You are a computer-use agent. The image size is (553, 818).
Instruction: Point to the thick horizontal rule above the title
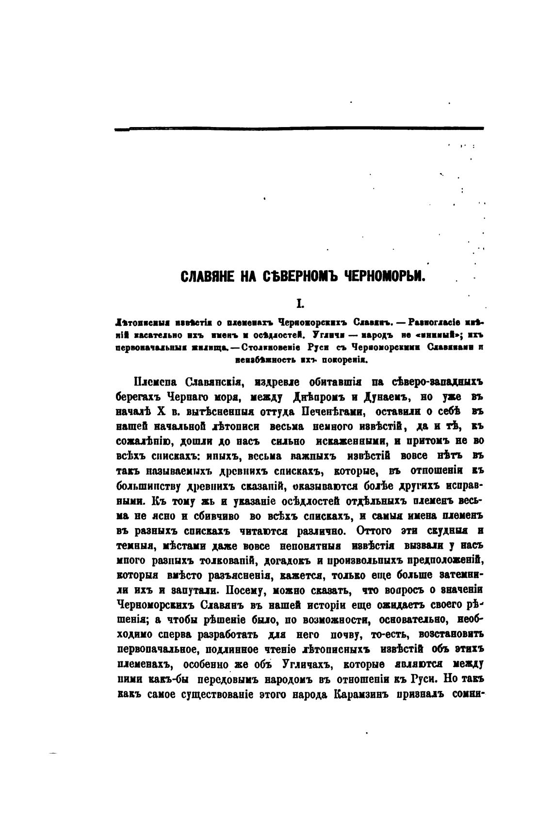coord(299,128)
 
